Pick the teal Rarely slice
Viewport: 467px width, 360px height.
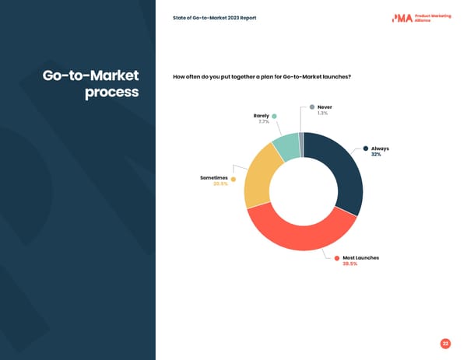click(x=285, y=146)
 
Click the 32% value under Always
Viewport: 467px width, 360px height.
click(x=376, y=155)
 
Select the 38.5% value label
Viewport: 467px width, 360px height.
click(x=350, y=264)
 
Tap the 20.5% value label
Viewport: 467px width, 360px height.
click(x=220, y=184)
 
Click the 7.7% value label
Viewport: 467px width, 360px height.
click(x=263, y=121)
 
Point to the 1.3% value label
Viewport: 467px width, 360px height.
click(x=322, y=114)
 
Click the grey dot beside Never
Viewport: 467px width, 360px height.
click(x=312, y=107)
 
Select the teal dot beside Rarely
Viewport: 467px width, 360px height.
click(x=274, y=116)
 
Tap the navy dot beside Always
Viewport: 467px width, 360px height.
click(x=366, y=149)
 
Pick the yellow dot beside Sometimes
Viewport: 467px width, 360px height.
click(x=233, y=179)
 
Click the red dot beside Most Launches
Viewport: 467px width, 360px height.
click(x=337, y=257)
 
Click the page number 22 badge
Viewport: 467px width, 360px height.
click(x=445, y=343)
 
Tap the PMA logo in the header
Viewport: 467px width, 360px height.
click(x=402, y=18)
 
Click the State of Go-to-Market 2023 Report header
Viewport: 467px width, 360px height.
click(x=214, y=18)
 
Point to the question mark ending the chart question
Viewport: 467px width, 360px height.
click(x=349, y=76)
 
